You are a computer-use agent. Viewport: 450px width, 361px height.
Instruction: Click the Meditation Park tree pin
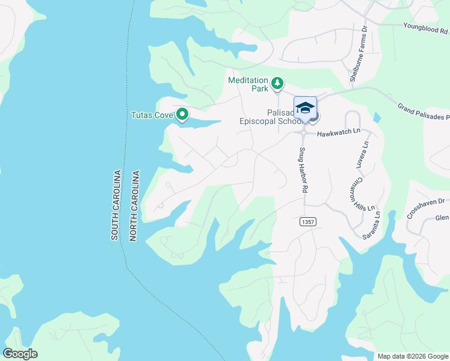click(277, 83)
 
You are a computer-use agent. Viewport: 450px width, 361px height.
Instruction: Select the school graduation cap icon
click(305, 107)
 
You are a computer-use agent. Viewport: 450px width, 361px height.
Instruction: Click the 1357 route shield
click(307, 222)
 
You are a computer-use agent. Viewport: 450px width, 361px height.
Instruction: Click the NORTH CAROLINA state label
click(135, 206)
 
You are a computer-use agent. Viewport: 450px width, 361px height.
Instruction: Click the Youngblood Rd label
click(425, 28)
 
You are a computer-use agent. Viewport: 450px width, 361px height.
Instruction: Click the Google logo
click(20, 354)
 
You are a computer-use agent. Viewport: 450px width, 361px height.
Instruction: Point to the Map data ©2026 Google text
click(412, 356)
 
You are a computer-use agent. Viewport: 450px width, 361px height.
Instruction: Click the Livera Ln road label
click(363, 154)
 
